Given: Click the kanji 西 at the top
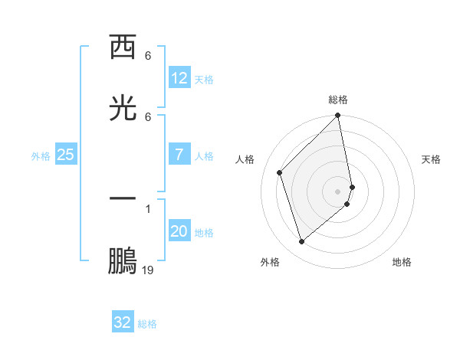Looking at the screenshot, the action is point(123,47).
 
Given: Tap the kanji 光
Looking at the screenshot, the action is point(123,107).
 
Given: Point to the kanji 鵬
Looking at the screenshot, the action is point(123,260).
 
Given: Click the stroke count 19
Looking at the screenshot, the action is point(148,270).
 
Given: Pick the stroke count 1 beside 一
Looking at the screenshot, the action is point(148,208).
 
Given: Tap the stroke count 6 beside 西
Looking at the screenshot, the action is point(148,56).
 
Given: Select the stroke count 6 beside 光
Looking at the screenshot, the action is point(148,116).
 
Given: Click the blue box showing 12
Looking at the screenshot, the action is point(179,78).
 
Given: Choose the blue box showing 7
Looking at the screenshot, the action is point(179,155).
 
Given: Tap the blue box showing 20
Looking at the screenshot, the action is point(179,231).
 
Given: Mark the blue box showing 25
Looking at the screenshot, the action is point(66,155).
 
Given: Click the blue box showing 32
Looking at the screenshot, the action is point(123,322).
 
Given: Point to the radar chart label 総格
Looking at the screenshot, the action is point(338,100).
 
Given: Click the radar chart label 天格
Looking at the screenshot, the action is point(431,159).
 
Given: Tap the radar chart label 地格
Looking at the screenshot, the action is point(402,262).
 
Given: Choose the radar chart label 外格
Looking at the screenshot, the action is point(270,262).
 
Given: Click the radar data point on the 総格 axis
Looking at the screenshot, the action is point(338,116).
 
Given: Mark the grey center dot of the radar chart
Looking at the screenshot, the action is point(338,191).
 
